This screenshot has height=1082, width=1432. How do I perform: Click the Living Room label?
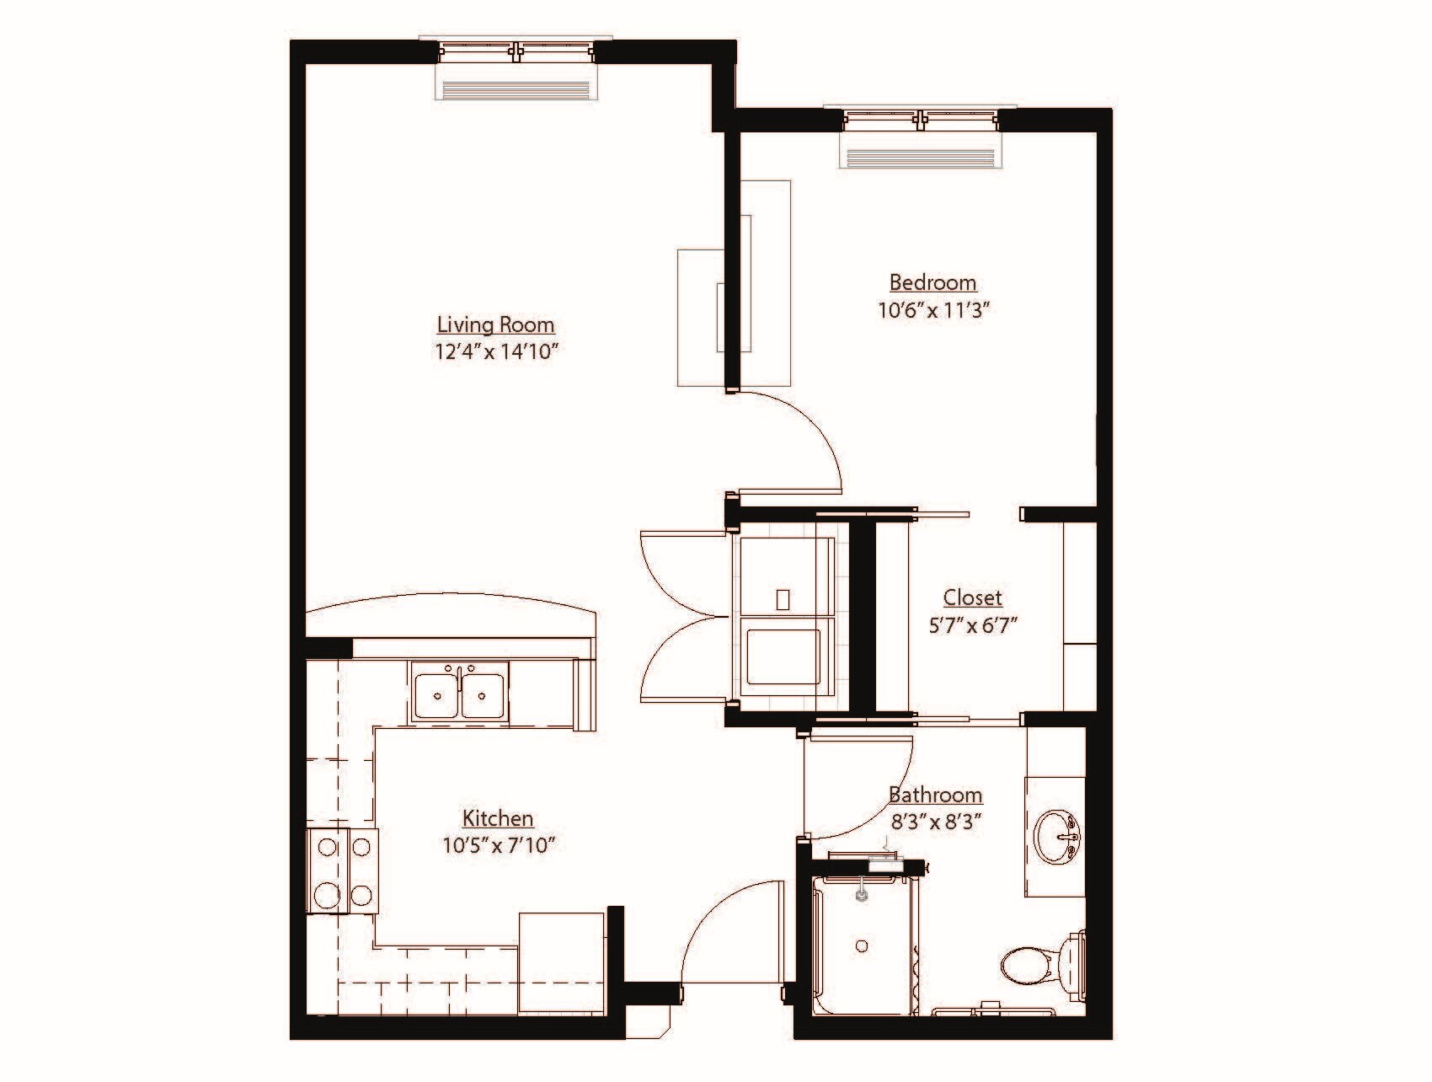pos(495,324)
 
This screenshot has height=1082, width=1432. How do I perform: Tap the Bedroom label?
pos(932,282)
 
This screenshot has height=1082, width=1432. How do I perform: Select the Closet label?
pos(972,597)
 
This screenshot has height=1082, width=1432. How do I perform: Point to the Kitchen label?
pos(497,817)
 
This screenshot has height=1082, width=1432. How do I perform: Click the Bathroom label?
pos(935,795)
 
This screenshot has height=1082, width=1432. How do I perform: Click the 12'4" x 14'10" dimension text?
pos(497,351)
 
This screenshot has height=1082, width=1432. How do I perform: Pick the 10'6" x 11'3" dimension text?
pos(932,310)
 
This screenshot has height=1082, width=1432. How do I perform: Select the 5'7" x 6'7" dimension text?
pos(972,625)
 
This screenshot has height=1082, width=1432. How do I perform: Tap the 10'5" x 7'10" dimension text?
pos(498,844)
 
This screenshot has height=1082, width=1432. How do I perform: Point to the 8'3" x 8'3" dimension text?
pos(935,821)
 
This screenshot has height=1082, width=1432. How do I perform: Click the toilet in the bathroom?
pos(1040,963)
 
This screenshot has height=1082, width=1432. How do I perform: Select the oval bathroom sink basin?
pos(1058,836)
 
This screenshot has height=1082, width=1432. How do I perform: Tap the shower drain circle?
pos(862,946)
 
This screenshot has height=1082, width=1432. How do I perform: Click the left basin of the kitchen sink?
pos(437,694)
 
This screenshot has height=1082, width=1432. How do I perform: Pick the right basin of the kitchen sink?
pos(484,694)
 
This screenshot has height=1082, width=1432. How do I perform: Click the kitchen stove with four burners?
pos(342,870)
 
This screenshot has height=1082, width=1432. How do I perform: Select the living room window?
pos(516,51)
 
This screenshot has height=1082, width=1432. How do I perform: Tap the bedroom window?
pos(920,119)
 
